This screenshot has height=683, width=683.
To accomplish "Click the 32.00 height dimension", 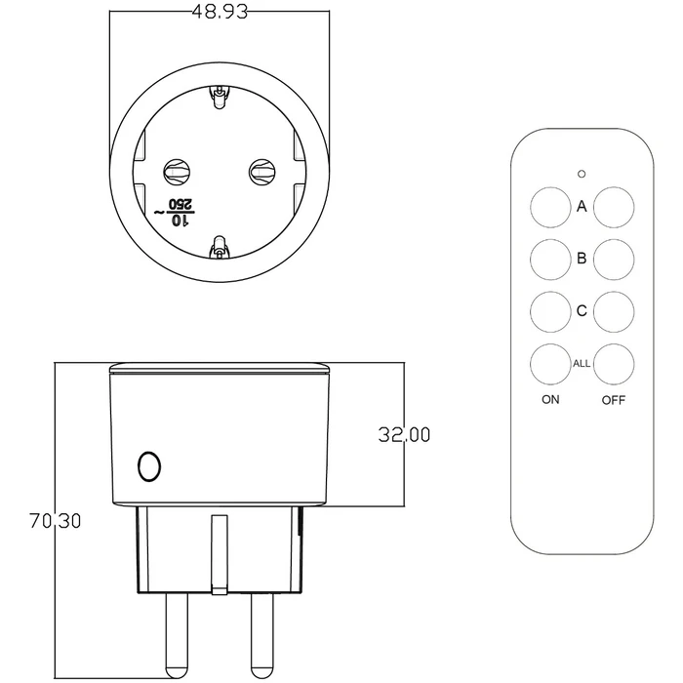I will [x=404, y=435].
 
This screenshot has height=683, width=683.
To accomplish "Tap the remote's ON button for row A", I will [x=550, y=207].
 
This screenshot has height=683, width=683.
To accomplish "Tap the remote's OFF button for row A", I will [x=615, y=207].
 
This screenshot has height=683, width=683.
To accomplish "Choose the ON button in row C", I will [x=550, y=311].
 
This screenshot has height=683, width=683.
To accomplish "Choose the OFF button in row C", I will [x=615, y=311].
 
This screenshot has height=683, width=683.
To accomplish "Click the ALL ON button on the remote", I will [x=550, y=364].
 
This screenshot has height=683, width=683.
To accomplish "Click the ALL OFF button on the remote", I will [x=615, y=364].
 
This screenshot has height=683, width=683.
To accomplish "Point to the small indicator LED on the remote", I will [x=582, y=175].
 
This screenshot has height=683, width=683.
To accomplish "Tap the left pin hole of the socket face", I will [x=178, y=172].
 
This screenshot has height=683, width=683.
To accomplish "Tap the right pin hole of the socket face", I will [x=261, y=172].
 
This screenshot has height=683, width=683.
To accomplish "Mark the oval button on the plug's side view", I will [x=148, y=466].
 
